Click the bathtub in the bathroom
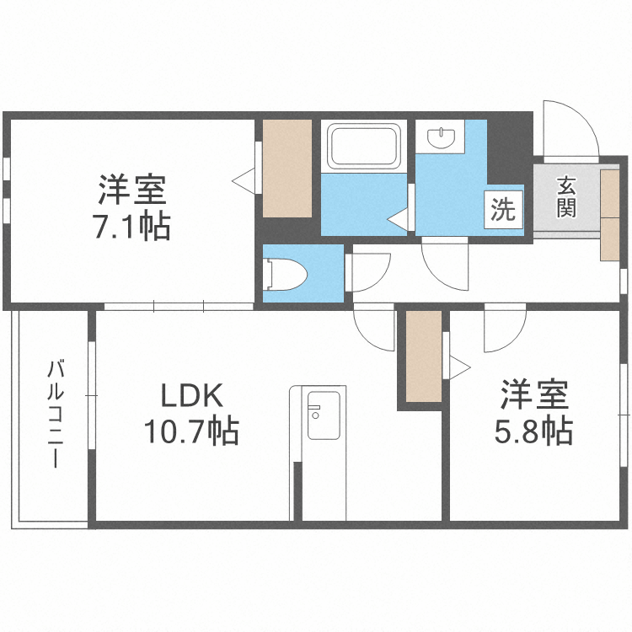tap(363, 146)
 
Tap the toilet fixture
tap(285, 274)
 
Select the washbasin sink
tap(441, 138)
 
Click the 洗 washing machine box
tap(503, 210)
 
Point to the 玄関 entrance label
tap(566, 197)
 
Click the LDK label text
tap(192, 396)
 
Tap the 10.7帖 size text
tap(192, 431)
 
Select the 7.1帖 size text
tap(132, 226)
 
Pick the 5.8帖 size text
tap(533, 431)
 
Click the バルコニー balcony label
tap(56, 414)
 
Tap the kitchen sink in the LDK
tap(324, 415)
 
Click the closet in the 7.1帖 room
tap(287, 169)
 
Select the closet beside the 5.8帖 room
tap(424, 356)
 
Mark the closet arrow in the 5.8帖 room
tap(460, 367)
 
